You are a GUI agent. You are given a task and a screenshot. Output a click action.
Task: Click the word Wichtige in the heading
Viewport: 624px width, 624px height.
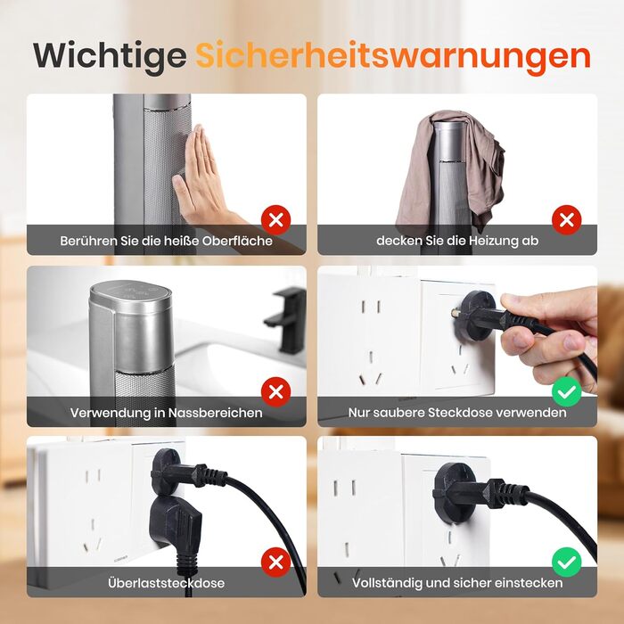pyautogui.click(x=110, y=56)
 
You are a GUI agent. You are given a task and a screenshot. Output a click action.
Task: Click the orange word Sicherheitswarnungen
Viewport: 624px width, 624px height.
pyautogui.click(x=393, y=55)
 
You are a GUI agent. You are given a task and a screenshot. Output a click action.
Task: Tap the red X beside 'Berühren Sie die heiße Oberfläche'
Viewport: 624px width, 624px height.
pyautogui.click(x=275, y=219)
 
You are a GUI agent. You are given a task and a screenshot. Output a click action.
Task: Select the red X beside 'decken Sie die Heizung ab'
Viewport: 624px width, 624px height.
pyautogui.click(x=567, y=219)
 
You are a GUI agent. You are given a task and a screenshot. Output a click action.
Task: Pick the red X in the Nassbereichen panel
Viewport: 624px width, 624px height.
pyautogui.click(x=275, y=392)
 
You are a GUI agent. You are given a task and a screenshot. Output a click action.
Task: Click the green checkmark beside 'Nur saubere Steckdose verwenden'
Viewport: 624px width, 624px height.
pyautogui.click(x=567, y=392)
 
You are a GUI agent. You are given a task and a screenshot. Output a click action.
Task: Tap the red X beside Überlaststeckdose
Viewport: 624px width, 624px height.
pyautogui.click(x=275, y=562)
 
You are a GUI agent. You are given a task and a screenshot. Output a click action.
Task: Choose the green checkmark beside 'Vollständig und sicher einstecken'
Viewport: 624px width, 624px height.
pyautogui.click(x=567, y=562)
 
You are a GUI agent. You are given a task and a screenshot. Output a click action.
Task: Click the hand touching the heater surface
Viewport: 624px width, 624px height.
pyautogui.click(x=203, y=179)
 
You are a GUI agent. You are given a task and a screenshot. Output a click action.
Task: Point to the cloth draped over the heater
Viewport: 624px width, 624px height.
pyautogui.click(x=449, y=168)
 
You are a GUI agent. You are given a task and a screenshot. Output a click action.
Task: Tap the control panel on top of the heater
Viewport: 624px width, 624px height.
pyautogui.click(x=130, y=291)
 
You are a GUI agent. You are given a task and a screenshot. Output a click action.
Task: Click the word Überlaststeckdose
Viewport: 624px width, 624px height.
pyautogui.click(x=167, y=583)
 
